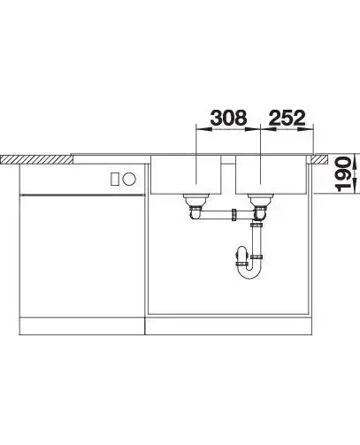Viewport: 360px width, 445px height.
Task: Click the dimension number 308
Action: tap(228, 118)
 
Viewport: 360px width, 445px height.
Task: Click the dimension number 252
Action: tap(287, 118)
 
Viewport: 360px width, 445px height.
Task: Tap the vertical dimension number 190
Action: tap(344, 174)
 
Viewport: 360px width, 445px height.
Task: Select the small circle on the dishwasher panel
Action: tap(129, 179)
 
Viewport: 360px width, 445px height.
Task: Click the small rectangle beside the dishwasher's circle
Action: tap(115, 179)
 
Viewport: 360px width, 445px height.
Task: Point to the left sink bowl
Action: tap(186, 174)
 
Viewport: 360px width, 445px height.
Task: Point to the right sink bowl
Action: tap(272, 174)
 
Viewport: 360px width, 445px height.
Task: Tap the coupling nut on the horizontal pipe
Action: tap(234, 215)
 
